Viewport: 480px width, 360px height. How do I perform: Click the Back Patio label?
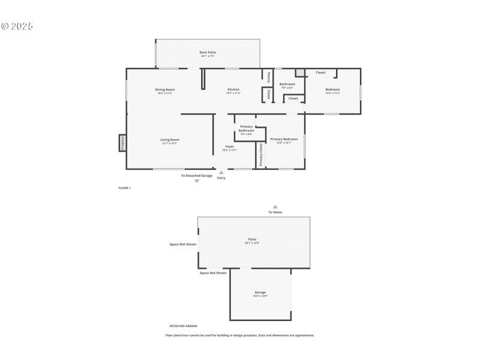tap(208, 52)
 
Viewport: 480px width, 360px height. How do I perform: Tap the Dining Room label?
tap(165, 89)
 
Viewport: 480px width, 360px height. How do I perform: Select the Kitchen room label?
tap(233, 89)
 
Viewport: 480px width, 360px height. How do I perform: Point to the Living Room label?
tap(170, 140)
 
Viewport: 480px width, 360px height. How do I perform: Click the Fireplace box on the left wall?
tap(122, 143)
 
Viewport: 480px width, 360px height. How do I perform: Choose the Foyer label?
tap(230, 146)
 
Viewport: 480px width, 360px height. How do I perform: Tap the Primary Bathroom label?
tap(247, 128)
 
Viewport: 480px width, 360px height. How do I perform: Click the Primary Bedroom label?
tap(284, 139)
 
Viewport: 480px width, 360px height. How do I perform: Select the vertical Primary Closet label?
tap(261, 155)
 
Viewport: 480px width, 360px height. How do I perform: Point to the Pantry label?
tap(268, 77)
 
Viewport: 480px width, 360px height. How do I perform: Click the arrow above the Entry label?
tap(221, 172)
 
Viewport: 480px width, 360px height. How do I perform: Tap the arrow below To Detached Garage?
tap(196, 181)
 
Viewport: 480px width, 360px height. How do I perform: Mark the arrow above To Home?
tap(275, 206)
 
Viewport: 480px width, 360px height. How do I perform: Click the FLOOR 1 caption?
tap(124, 188)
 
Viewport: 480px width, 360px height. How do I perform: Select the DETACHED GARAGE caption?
tap(183, 326)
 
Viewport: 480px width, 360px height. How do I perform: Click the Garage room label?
tap(260, 292)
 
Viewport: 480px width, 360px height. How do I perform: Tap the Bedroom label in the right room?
tap(332, 89)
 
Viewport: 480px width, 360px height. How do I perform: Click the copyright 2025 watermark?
tap(17, 26)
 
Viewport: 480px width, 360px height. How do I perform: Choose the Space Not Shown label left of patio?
tap(183, 244)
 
